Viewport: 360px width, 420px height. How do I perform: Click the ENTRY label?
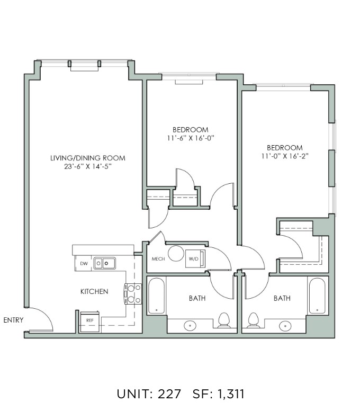coord(13,320)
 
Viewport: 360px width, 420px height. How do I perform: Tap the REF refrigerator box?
coord(90,321)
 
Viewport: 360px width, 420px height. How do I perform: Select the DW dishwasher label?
coord(84,264)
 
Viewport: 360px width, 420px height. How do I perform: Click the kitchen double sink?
coord(105,263)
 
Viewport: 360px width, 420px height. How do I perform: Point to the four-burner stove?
coord(133,294)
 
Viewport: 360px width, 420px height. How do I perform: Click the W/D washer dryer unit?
coord(195,259)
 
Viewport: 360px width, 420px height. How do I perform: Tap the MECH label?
coord(158,259)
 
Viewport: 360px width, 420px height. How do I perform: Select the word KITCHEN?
coord(94,291)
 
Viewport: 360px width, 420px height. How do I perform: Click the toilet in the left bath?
coord(224,320)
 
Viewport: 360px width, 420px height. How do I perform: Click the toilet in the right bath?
coord(253,320)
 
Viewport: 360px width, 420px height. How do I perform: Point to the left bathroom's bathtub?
coord(156,296)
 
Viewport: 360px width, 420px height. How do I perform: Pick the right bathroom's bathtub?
coord(317,296)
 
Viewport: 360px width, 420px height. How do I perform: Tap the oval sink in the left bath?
coord(190,326)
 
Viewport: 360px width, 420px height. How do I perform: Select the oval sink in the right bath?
coord(285,326)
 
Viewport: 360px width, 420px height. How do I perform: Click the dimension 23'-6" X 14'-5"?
coord(88,167)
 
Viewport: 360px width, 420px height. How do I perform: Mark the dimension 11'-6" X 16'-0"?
coord(191,138)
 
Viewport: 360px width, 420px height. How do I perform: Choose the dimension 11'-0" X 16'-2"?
coord(285,156)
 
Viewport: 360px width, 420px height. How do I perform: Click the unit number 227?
coord(169,394)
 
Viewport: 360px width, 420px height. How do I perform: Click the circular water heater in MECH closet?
coord(176,253)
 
